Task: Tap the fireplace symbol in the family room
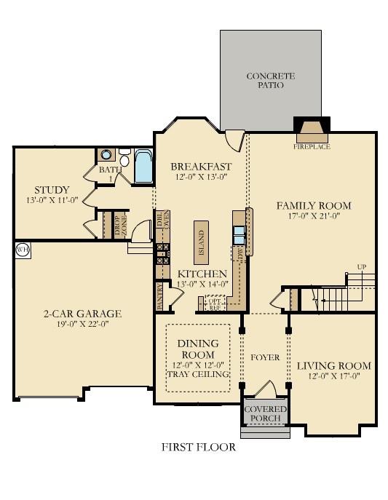click(x=312, y=131)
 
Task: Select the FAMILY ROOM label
click(x=313, y=205)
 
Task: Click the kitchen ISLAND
click(x=202, y=241)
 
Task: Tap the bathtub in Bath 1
click(x=143, y=167)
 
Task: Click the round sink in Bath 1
click(x=107, y=154)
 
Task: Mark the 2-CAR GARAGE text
click(x=81, y=314)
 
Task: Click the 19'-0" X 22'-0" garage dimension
click(x=81, y=325)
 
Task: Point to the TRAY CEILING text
click(x=199, y=374)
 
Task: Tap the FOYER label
click(x=265, y=358)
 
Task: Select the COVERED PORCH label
click(x=265, y=414)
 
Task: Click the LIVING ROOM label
click(x=334, y=365)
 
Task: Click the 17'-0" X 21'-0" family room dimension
click(x=313, y=216)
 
